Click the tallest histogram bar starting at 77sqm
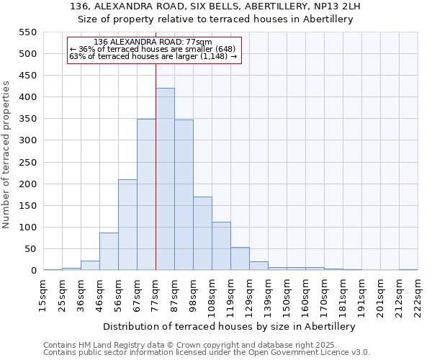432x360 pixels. (x=165, y=179)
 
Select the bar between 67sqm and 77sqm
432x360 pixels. (x=146, y=194)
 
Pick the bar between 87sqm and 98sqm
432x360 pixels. (x=184, y=195)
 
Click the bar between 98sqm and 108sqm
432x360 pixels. (x=202, y=233)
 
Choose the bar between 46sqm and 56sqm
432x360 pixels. (x=109, y=251)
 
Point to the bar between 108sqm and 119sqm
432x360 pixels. (x=221, y=246)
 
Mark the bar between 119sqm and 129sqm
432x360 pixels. (x=240, y=258)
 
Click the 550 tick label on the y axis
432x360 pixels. (x=28, y=32)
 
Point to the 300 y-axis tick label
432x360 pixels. (x=28, y=140)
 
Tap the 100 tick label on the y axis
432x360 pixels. (x=28, y=228)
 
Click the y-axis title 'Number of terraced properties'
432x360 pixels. (x=7, y=155)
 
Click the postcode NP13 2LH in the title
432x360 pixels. (x=333, y=6)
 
